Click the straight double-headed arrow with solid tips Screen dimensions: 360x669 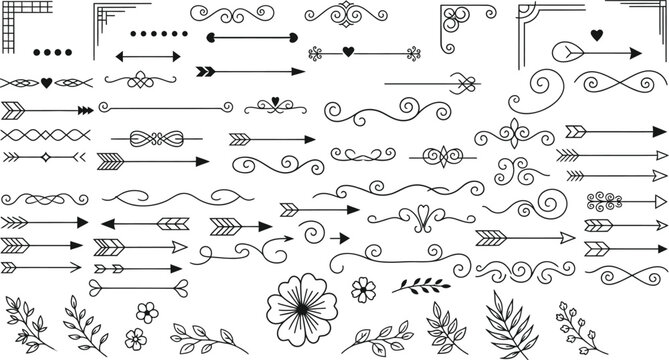pos(149,56)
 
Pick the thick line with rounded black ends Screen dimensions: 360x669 pos(251,39)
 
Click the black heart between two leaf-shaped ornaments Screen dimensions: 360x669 pos(46,82)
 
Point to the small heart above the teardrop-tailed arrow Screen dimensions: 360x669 pos(597,36)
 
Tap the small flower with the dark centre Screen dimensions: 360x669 pos(362,290)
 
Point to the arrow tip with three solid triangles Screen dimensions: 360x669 pos(84,109)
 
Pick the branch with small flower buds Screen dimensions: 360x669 pos(575,322)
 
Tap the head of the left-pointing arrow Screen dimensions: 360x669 pos(106,223)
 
